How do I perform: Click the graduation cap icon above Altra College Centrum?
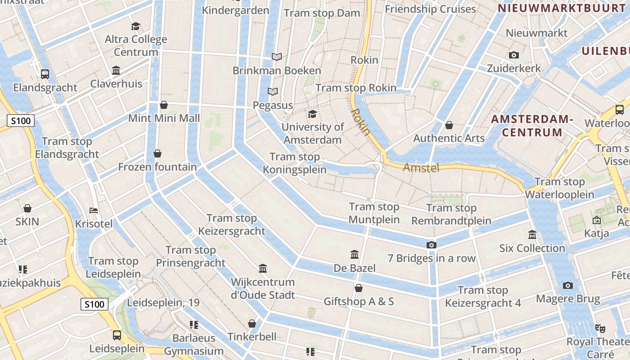(135, 26)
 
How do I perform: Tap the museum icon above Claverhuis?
(116, 71)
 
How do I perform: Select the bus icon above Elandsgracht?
(45, 74)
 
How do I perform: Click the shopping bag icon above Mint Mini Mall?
(164, 105)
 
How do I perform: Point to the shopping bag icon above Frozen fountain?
(157, 153)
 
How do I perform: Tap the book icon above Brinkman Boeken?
(277, 57)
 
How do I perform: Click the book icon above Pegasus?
(273, 92)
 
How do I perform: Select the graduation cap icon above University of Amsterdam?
(312, 113)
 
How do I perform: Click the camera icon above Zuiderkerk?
(514, 55)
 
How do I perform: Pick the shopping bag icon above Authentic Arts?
(449, 125)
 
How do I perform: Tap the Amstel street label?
(421, 168)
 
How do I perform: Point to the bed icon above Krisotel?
(94, 210)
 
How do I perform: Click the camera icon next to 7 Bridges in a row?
(432, 245)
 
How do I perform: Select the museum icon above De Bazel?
(355, 255)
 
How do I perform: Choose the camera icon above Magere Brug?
(568, 285)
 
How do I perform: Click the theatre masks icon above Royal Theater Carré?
(600, 328)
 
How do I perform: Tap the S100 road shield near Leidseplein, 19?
(95, 304)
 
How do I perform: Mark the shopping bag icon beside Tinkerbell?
(252, 324)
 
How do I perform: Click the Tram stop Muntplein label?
(374, 213)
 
